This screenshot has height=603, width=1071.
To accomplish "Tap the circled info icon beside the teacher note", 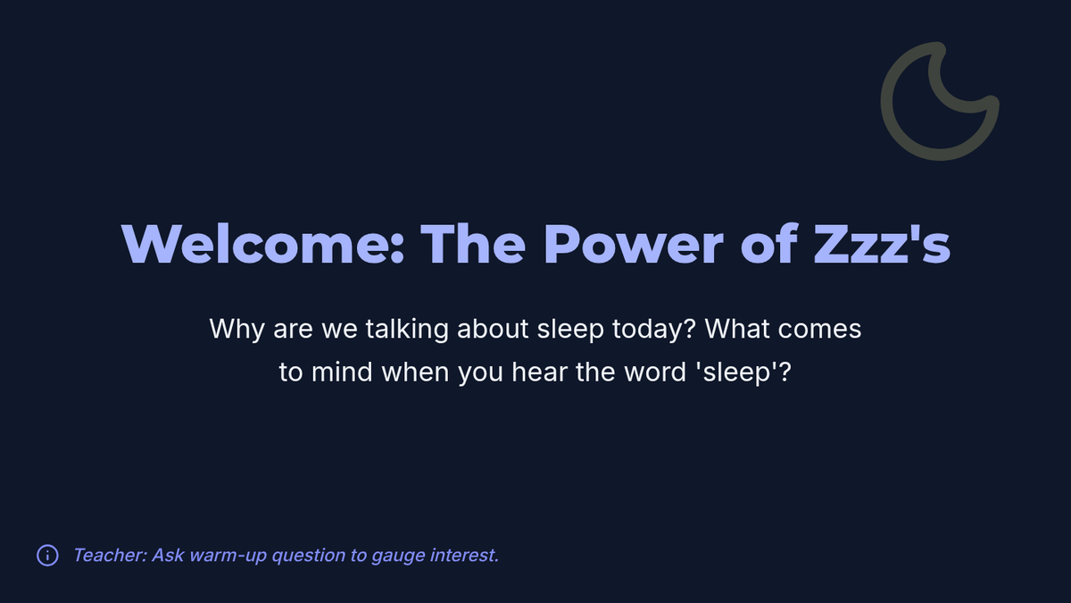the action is coord(48,556).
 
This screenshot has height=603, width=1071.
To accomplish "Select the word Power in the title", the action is coord(634,244).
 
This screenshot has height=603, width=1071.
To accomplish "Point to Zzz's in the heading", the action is coord(882,244).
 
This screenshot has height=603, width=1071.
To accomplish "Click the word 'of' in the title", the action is coord(768,243).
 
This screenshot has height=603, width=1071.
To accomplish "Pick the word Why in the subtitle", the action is coord(237,330).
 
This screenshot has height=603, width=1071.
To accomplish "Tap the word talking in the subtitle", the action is coord(407,330).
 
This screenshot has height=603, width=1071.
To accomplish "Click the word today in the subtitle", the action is coord(650,330).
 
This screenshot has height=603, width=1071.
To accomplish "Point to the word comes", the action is coord(819,331).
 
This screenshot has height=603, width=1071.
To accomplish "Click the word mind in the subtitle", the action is coord(342,372).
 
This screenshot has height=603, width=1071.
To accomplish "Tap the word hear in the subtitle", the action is coord(539,372).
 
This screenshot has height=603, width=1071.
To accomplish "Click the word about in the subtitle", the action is coord(493,329).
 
